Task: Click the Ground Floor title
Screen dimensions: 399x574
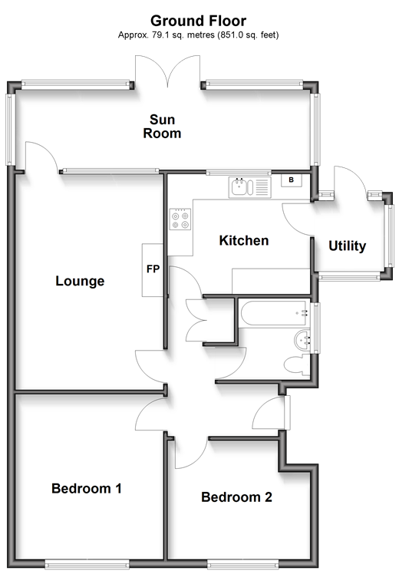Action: point(198,21)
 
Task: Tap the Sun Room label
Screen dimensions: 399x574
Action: point(162,127)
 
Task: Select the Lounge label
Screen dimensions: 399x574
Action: point(80,281)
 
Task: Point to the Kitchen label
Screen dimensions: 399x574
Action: point(244,240)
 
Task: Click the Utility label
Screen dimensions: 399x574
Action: point(347,246)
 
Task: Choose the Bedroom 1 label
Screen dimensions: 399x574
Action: point(87,488)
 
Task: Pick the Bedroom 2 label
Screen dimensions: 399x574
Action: point(236,496)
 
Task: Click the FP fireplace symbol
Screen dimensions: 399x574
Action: point(153,270)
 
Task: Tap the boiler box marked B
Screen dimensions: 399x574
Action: point(292,180)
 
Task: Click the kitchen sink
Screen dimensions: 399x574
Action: point(250,187)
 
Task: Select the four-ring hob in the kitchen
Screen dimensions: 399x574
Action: point(180,219)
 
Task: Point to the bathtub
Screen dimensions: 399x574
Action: point(274,312)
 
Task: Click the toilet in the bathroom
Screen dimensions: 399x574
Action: point(297,365)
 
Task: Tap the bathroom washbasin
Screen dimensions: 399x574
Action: point(302,340)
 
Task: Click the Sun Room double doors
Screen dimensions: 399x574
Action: point(167,71)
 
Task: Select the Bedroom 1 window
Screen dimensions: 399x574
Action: point(87,564)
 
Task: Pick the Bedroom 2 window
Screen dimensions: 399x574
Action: point(243,564)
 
